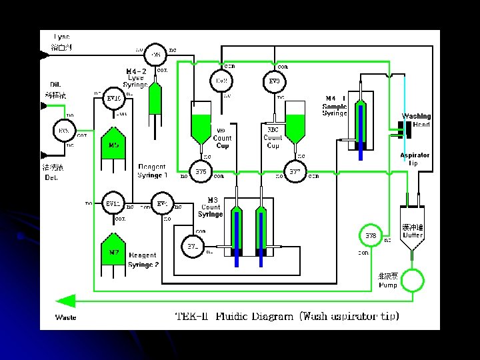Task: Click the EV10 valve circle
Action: point(113,99)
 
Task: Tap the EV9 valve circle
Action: point(274,81)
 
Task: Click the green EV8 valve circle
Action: point(371,235)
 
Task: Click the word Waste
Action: point(65,317)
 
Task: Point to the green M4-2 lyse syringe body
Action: point(155,98)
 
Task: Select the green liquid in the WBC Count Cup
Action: point(201,125)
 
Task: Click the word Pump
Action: point(387,285)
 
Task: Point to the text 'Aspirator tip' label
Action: point(414,159)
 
